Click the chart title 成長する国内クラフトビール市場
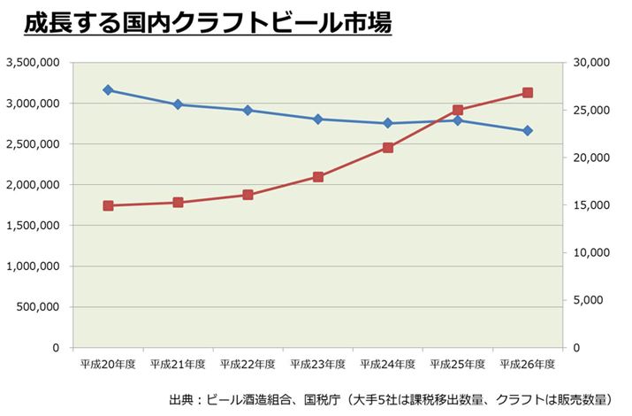coord(207,24)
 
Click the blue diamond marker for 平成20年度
coord(108,90)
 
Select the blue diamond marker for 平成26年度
coord(528,131)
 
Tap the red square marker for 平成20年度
coord(108,205)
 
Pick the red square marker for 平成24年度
coord(388,148)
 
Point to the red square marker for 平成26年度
coord(528,93)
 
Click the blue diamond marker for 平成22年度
coord(247,111)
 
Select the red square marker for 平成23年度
coord(318,177)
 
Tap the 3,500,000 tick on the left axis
coord(33,63)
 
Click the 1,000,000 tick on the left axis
coord(33,266)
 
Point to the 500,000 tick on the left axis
coord(38,307)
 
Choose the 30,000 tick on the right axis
coord(587,63)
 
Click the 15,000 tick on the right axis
coord(587,205)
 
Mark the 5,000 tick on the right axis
coord(590,300)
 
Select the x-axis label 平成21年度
coord(178,364)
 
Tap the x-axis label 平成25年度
coord(458,364)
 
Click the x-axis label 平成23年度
coord(318,364)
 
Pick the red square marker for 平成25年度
coord(458,111)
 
